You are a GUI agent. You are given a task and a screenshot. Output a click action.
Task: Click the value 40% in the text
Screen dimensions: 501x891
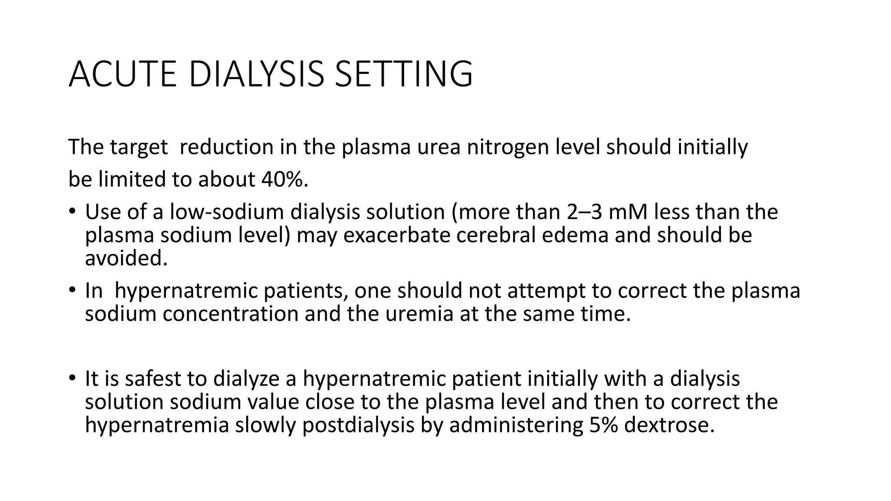pos(285,179)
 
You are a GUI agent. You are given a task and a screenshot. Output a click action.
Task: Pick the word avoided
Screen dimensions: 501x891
pos(126,258)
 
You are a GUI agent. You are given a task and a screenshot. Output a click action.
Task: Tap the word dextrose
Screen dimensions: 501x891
pos(669,425)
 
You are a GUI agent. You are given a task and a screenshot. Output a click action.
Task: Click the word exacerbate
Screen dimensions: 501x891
pos(394,235)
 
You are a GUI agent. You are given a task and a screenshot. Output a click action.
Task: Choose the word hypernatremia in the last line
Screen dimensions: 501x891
pos(157,425)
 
